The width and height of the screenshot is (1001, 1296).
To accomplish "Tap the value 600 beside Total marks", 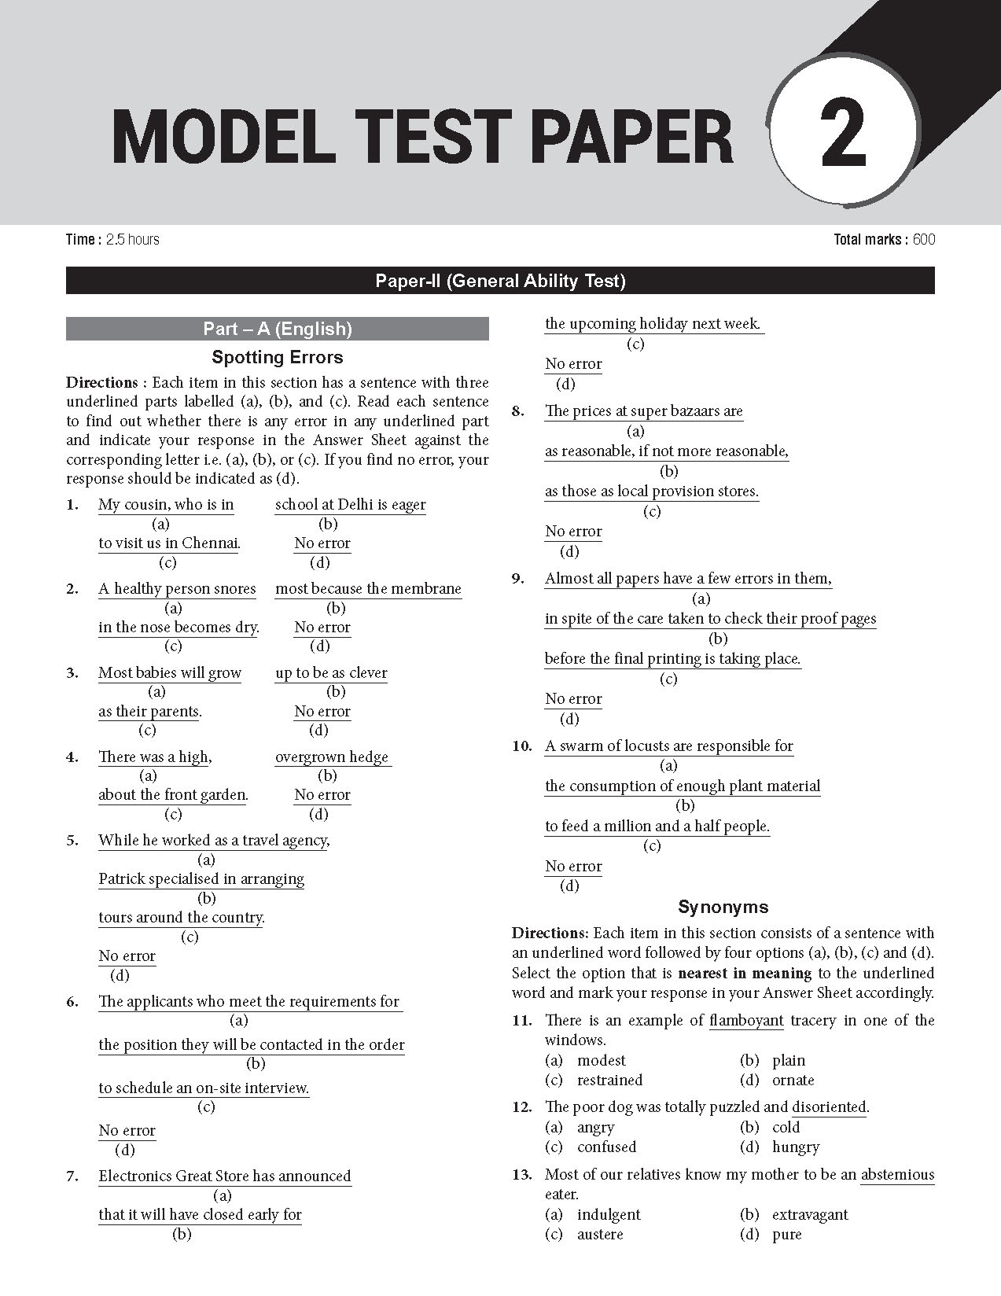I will pyautogui.click(x=924, y=240).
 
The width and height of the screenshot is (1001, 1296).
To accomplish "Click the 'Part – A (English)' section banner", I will pyautogui.click(x=277, y=329).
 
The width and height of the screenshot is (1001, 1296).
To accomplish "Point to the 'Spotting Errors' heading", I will pyautogui.click(x=277, y=358).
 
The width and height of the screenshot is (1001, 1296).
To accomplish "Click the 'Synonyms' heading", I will pyautogui.click(x=723, y=908).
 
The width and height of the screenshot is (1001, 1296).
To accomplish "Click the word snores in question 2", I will pyautogui.click(x=234, y=589).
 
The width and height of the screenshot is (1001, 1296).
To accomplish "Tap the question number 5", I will pyautogui.click(x=72, y=841).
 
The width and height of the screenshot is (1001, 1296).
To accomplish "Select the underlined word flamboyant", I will pyautogui.click(x=746, y=1021).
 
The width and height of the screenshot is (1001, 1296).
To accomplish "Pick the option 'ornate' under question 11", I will pyautogui.click(x=793, y=1081).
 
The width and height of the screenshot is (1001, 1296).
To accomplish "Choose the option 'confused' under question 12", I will pyautogui.click(x=606, y=1147).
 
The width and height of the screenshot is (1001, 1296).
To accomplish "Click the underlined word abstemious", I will pyautogui.click(x=897, y=1175).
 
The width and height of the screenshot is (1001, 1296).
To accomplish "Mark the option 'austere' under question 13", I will pyautogui.click(x=600, y=1235).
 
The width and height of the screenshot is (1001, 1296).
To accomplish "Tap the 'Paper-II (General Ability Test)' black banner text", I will pyautogui.click(x=500, y=281).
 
